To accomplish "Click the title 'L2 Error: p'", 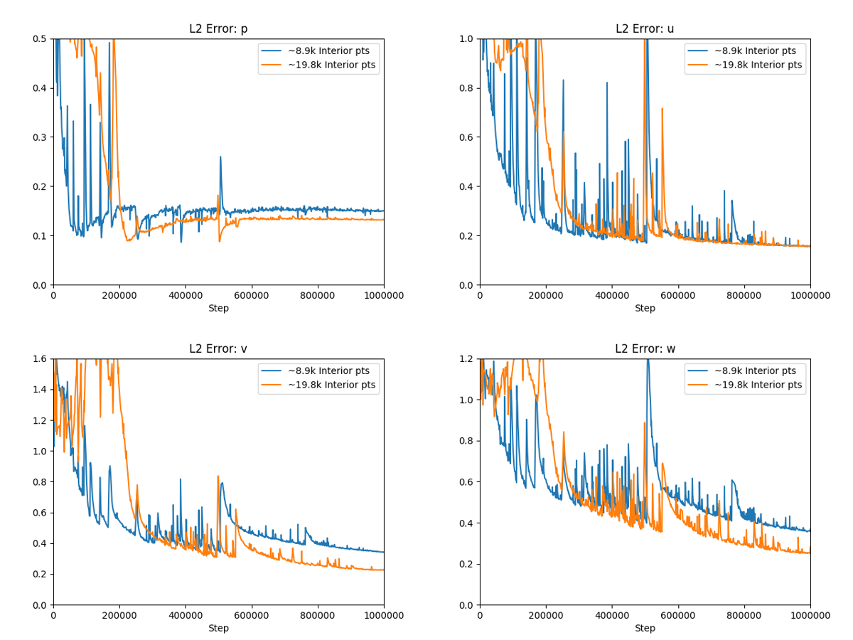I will point(218,29).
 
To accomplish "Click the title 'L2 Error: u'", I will point(645,29).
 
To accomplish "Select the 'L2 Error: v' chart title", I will point(218,349).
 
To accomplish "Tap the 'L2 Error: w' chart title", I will point(645,349).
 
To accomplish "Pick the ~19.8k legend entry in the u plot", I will point(758,65).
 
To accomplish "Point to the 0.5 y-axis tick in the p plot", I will point(41,39).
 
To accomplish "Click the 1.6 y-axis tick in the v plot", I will point(41,359).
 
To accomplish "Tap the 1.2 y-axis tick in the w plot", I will point(468,359).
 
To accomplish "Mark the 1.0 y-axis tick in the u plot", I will point(468,39).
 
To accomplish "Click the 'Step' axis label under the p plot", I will point(218,309).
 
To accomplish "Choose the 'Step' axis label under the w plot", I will point(645,629).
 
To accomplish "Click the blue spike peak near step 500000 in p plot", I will point(220,157).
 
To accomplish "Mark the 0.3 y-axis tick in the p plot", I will point(41,137).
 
